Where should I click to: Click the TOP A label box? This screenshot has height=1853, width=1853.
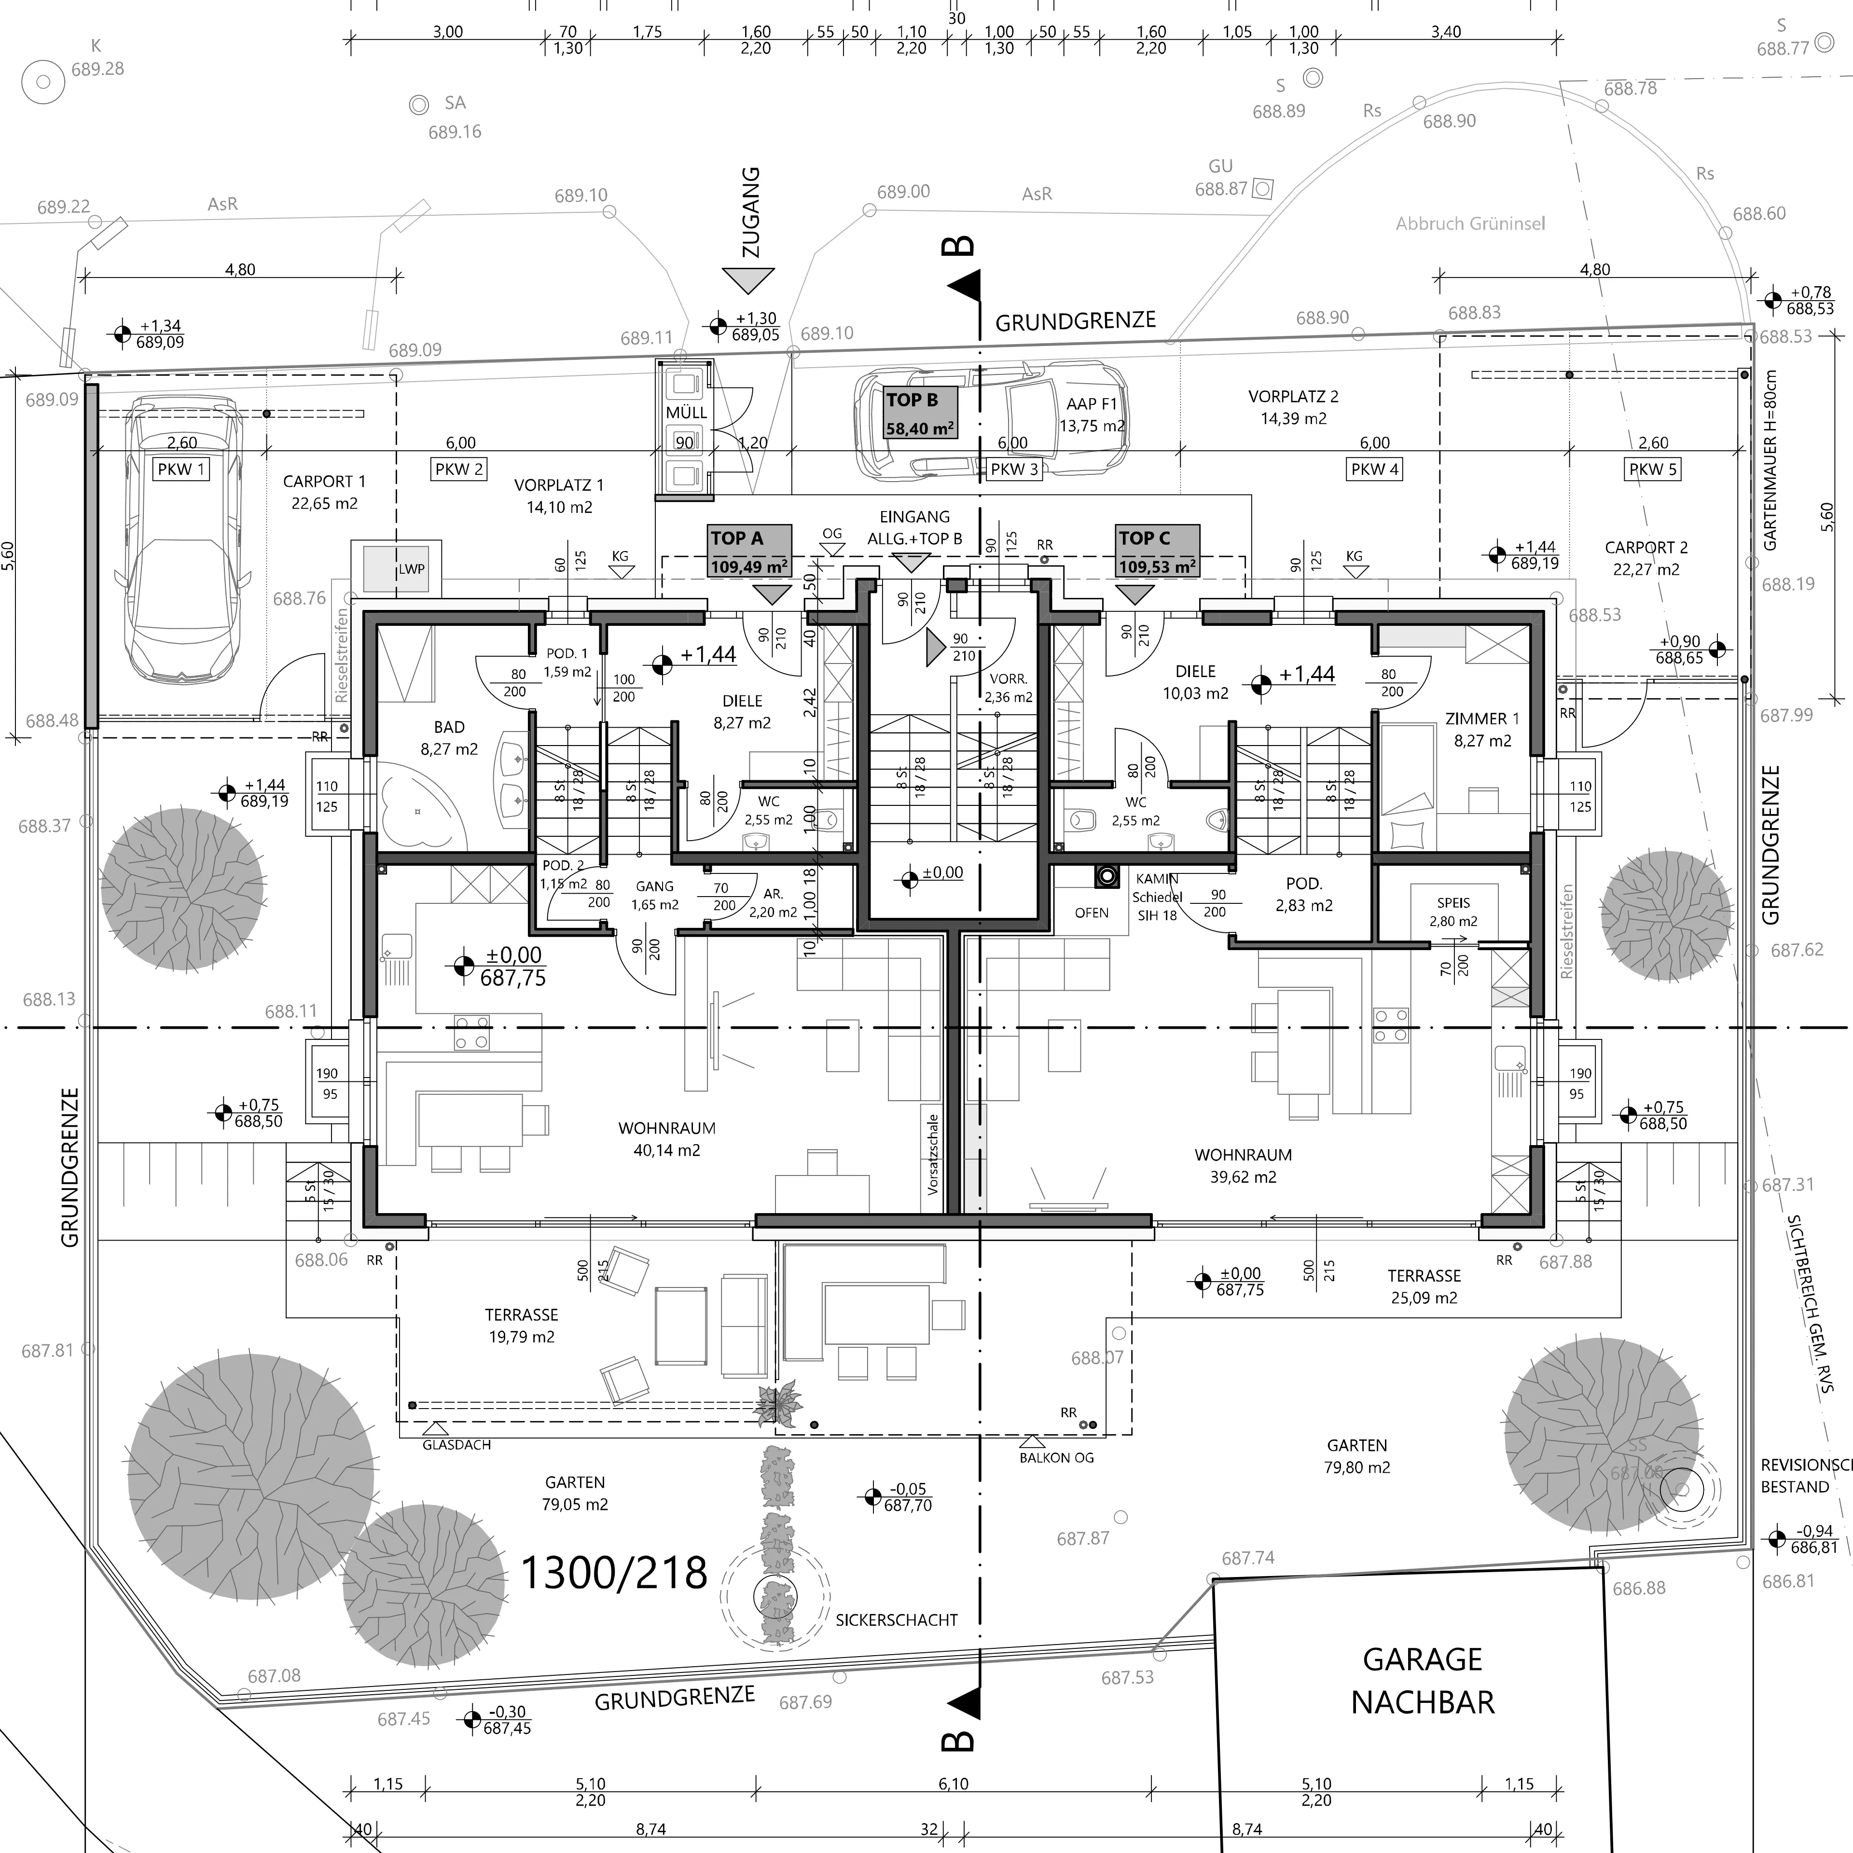(x=750, y=551)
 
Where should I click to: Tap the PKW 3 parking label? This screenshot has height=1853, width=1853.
(x=1014, y=469)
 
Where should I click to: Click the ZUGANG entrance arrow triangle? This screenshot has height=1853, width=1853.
(x=748, y=279)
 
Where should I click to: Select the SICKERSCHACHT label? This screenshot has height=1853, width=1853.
(x=896, y=1620)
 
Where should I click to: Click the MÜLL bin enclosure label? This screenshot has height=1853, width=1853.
(x=686, y=413)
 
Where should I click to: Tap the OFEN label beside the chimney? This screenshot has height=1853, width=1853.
(x=1092, y=912)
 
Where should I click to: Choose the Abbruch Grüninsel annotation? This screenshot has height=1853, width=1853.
(x=1470, y=223)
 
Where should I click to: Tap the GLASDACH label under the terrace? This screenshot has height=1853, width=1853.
(x=456, y=1444)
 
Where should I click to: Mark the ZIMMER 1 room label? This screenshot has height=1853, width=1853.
(x=1482, y=719)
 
